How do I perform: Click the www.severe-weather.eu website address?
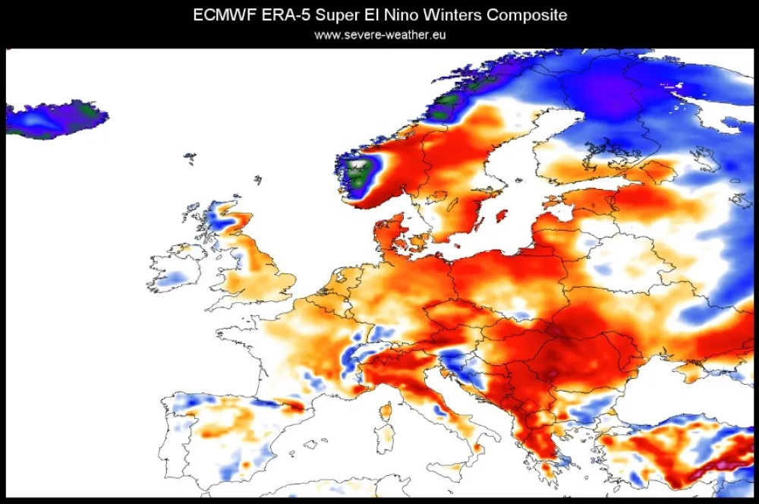(379, 35)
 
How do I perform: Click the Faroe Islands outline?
(189, 158)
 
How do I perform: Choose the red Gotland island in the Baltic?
(501, 215)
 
